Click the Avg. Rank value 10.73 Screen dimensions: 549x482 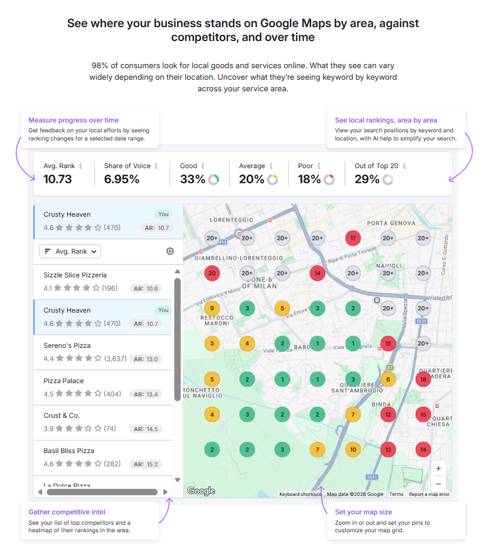(58, 179)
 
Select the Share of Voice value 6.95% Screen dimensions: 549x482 (122, 179)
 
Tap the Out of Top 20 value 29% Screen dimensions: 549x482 (367, 179)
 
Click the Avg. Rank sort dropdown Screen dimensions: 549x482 (70, 251)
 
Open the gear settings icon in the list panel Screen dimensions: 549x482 (170, 251)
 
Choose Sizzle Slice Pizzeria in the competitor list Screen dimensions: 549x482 (75, 275)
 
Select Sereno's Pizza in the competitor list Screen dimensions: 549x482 (67, 346)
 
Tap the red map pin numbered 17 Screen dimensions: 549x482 (353, 238)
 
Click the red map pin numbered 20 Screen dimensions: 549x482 (212, 273)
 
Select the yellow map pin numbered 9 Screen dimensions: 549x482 (212, 309)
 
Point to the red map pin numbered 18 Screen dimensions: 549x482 (423, 379)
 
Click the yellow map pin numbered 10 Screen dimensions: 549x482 (353, 449)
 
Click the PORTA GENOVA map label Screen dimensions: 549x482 (391, 223)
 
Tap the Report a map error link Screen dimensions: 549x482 (429, 495)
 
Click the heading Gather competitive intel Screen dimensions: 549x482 (67, 512)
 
